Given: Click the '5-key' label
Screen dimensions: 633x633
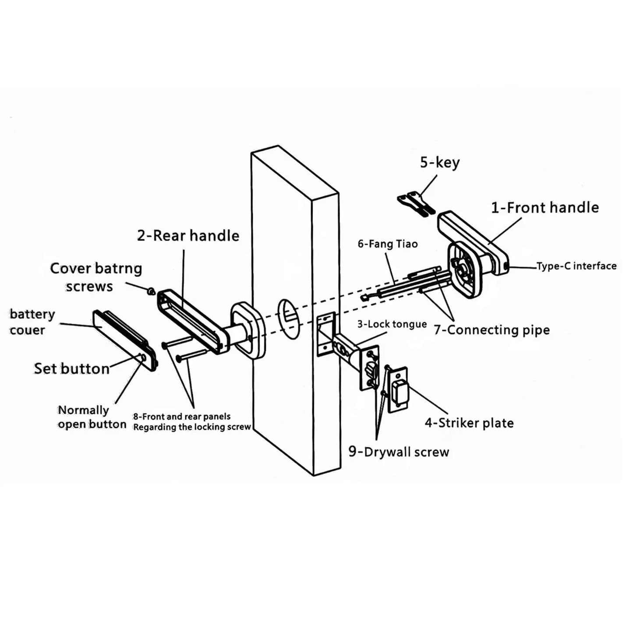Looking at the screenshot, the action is [x=440, y=163].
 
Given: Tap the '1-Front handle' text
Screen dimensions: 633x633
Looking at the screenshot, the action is [x=545, y=208].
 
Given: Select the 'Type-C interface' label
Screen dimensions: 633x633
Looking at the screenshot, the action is [x=576, y=266].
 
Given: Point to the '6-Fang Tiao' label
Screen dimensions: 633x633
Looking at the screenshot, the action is [x=388, y=244].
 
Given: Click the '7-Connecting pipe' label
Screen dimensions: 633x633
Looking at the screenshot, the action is [x=492, y=330].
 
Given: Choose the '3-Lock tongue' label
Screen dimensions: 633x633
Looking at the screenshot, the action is [x=392, y=324].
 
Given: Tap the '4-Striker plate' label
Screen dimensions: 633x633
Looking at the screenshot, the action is [x=469, y=423].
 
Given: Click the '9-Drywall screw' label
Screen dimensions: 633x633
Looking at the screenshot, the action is [x=399, y=452].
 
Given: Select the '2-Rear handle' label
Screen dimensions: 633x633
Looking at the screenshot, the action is [x=188, y=236].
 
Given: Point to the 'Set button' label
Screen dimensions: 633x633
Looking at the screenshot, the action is [x=71, y=368].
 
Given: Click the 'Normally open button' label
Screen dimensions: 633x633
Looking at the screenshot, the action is [x=92, y=417].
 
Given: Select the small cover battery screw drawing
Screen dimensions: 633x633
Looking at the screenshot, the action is [x=151, y=290].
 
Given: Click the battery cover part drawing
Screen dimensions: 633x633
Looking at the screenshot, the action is [x=125, y=341].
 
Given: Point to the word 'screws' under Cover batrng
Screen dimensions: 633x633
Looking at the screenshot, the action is [x=89, y=286].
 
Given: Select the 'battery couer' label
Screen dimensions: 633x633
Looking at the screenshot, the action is [x=32, y=322].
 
